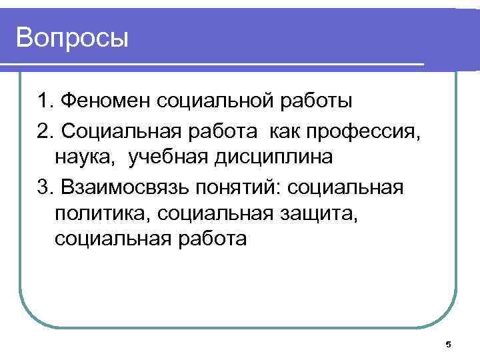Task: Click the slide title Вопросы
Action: coord(72,38)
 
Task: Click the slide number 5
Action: coord(448,345)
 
